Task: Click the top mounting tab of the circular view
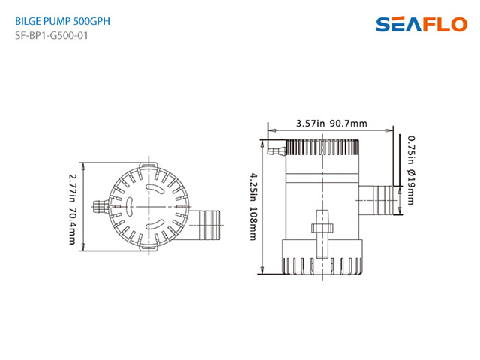[x=147, y=163]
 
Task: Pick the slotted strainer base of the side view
[x=323, y=262]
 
